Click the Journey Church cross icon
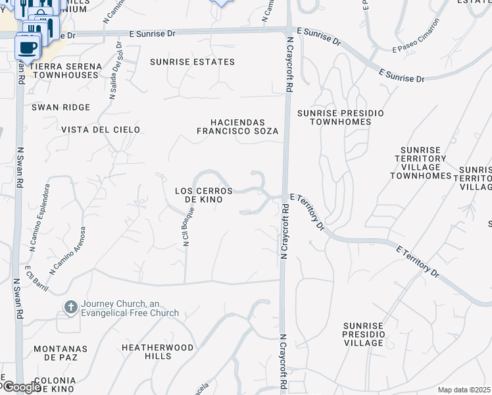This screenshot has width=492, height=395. click(x=71, y=307)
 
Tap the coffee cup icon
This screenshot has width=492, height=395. click(x=27, y=47)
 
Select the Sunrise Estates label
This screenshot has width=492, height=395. click(x=192, y=62)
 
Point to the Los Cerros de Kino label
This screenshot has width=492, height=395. click(x=203, y=195)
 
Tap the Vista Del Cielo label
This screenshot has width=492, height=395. click(x=101, y=130)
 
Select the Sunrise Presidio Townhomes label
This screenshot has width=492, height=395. click(x=340, y=117)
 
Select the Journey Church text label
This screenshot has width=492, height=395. click(x=130, y=308)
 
